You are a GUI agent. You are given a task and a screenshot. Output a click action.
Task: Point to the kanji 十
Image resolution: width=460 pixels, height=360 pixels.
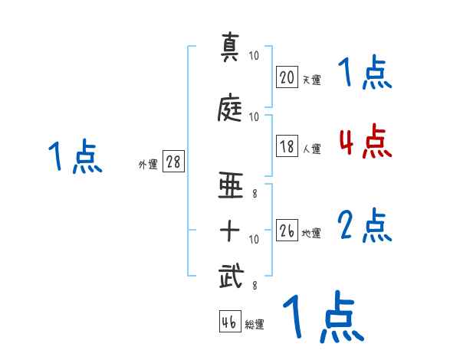[231, 230]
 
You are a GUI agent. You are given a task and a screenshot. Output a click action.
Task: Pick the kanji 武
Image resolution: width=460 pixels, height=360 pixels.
[231, 277]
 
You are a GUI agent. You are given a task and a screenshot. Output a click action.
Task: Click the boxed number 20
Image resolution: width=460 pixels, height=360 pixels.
[287, 77]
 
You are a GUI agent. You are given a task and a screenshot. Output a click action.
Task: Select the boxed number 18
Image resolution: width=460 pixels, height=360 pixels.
[287, 147]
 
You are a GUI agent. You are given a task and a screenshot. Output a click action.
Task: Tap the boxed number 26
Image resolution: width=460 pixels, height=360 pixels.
[287, 231]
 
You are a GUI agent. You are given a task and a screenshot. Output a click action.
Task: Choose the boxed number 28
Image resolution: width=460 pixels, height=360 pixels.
[173, 162]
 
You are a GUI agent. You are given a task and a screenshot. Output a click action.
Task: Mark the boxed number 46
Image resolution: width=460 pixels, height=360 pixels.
[229, 322]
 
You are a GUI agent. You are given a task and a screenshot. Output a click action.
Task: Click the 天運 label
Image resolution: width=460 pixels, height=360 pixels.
[311, 79]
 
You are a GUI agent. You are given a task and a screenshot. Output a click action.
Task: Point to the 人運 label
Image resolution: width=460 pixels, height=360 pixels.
[311, 149]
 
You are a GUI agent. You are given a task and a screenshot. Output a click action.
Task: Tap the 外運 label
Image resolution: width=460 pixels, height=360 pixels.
[148, 165]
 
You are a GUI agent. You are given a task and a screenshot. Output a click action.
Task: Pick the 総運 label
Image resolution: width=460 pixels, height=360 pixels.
[255, 325]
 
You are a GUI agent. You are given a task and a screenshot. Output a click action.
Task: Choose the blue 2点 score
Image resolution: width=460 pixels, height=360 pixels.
[365, 227]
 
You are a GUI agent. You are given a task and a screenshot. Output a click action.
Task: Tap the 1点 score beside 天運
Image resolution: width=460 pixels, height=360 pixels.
[365, 74]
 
